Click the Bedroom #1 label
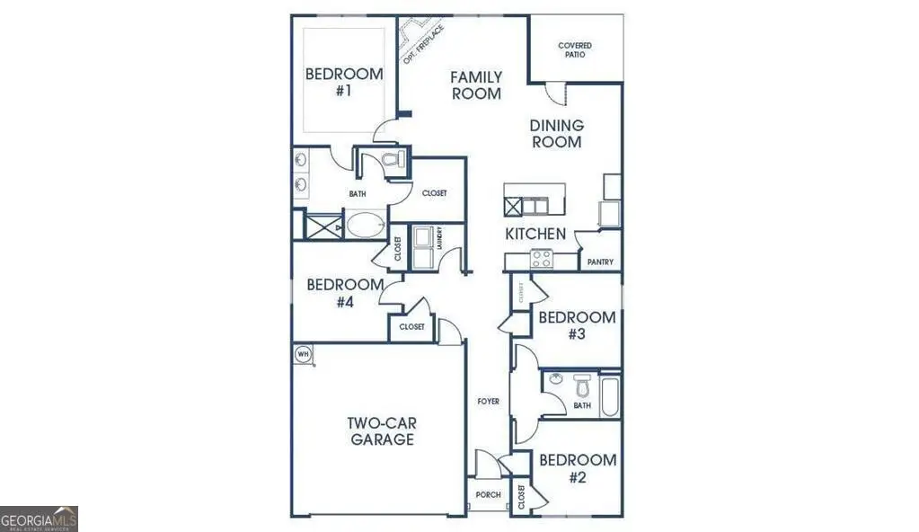tap(343, 82)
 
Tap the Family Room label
tap(476, 85)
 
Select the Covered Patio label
tap(575, 49)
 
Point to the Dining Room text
tap(557, 134)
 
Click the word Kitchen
tap(535, 235)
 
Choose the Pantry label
tap(600, 262)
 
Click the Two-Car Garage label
tap(382, 431)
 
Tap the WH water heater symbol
tap(303, 354)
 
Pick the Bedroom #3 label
tap(576, 325)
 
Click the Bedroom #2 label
tap(577, 468)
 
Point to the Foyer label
tap(489, 402)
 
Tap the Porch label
tap(488, 495)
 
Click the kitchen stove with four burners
tap(542, 260)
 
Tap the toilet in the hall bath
tap(581, 388)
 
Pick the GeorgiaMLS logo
tap(40, 519)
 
